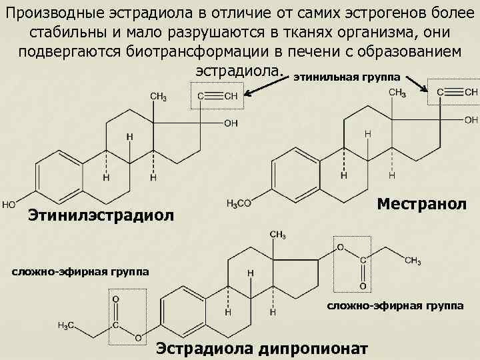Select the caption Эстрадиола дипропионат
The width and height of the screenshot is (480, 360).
coord(261,347)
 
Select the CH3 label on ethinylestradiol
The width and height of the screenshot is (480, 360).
coord(159,97)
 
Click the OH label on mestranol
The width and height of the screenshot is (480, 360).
coord(471,119)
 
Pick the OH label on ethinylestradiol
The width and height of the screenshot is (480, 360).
coord(231,123)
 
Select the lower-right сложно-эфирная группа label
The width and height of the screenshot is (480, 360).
coord(395,305)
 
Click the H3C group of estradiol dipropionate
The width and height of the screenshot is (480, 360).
coord(65,325)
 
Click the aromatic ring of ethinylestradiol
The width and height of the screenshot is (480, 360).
coord(58,172)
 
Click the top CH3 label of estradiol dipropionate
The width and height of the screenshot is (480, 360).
coord(278,235)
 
